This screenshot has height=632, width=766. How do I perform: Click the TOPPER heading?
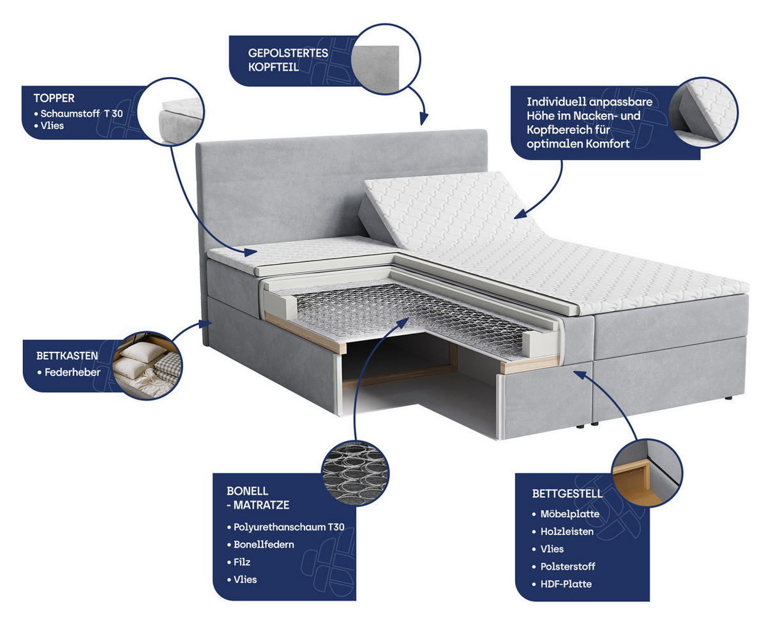coord(54,98)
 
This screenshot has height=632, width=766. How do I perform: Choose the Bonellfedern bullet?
coord(264,545)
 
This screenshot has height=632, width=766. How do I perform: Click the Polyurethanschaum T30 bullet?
coord(289,527)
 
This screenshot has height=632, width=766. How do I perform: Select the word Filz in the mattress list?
coord(242,562)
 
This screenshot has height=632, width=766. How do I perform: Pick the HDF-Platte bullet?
coord(566,584)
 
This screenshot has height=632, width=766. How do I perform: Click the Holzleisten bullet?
coord(567,531)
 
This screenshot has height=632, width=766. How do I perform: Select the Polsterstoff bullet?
coord(567,566)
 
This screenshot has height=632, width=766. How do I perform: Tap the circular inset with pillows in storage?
coord(147,366)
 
